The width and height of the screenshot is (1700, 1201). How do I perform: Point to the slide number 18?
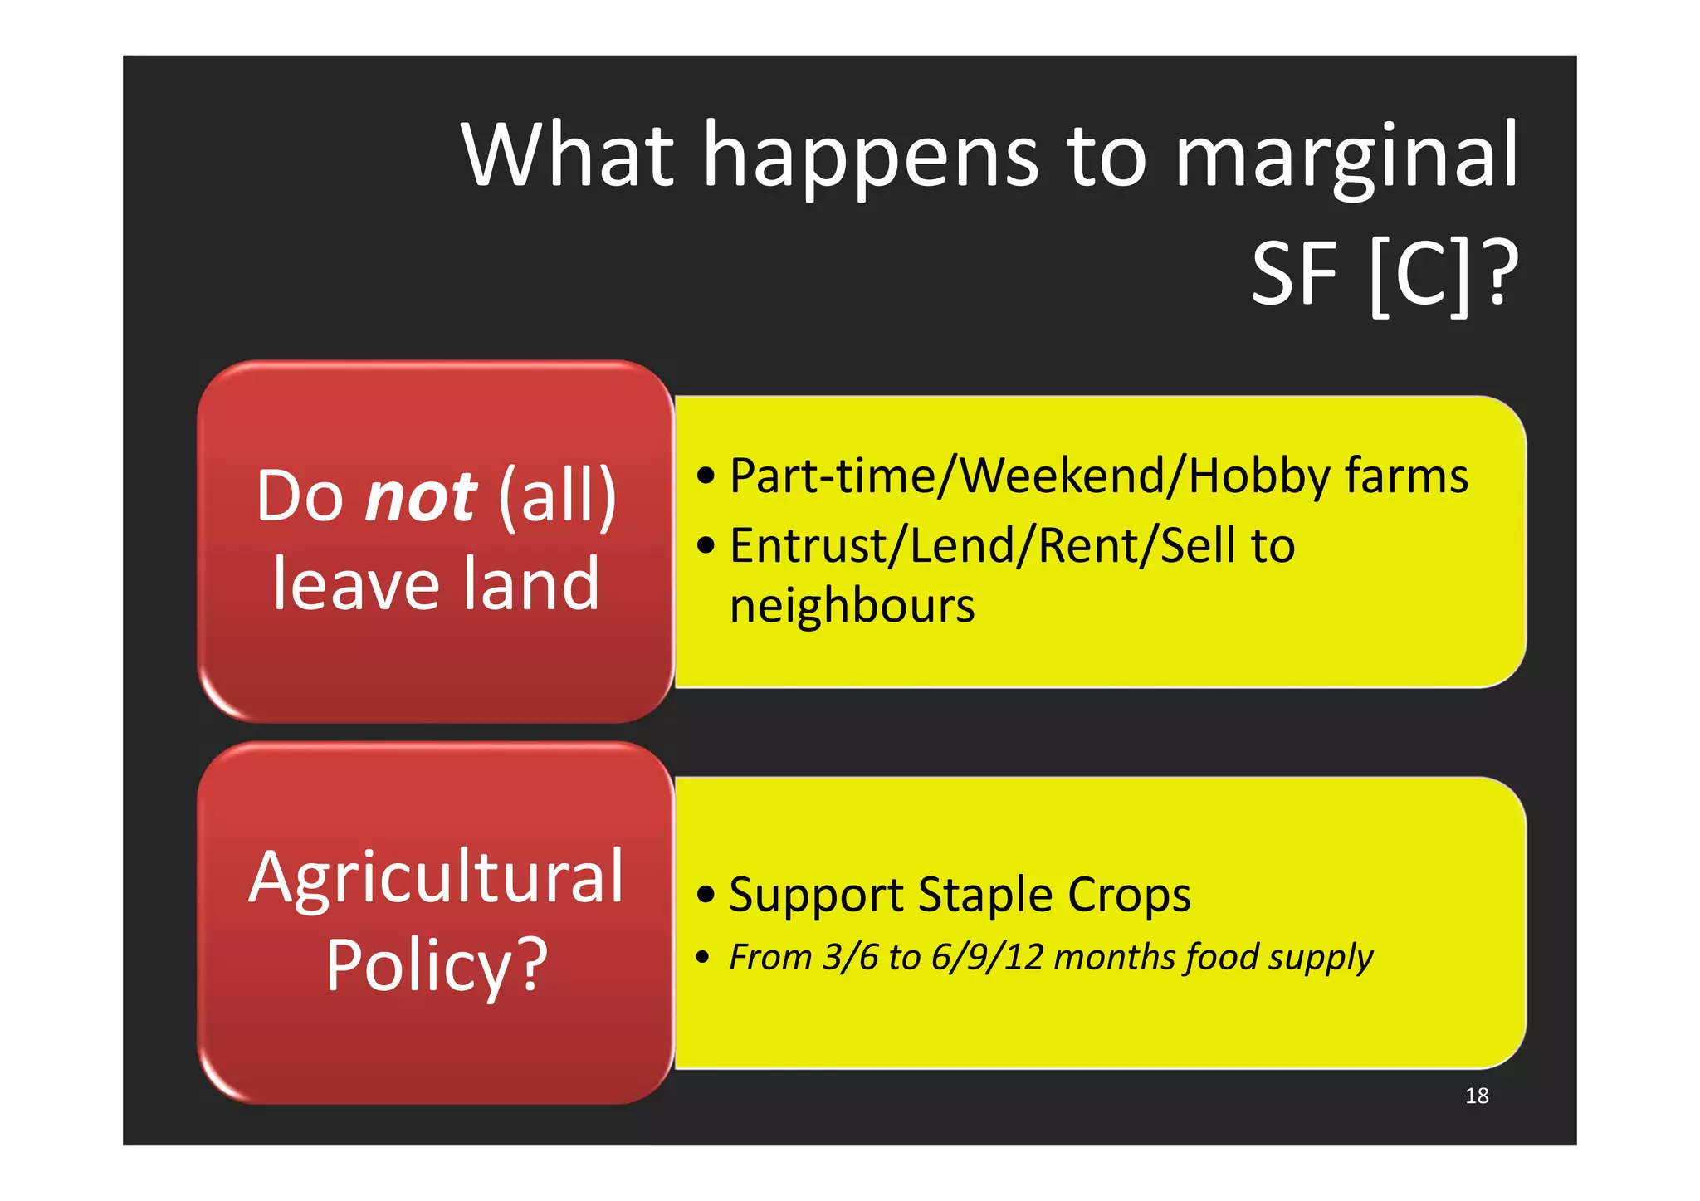tap(1477, 1096)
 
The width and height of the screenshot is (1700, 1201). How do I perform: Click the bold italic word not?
tap(421, 496)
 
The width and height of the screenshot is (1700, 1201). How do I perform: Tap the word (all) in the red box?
tap(558, 496)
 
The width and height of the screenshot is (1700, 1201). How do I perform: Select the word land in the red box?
tap(530, 583)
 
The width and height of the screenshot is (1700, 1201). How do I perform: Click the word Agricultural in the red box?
tap(436, 877)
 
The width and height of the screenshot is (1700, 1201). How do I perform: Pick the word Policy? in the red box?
tap(436, 965)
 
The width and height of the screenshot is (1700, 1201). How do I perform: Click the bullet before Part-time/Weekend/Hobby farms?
tap(706, 476)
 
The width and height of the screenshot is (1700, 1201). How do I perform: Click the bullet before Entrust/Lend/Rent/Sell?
tap(706, 546)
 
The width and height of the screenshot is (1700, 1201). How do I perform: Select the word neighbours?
tap(852, 606)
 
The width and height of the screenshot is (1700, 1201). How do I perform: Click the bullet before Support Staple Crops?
tap(706, 895)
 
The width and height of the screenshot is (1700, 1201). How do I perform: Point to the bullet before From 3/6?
tap(703, 958)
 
